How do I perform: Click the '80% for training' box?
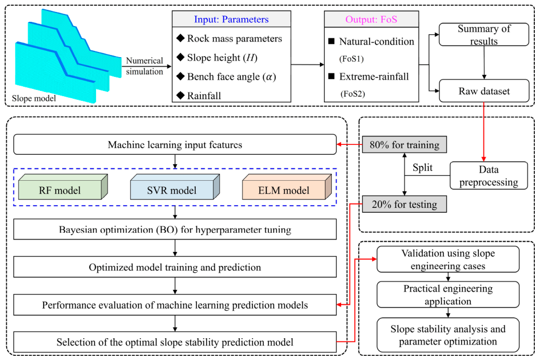click(405, 144)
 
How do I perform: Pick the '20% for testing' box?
click(405, 204)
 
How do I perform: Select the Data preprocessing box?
click(489, 176)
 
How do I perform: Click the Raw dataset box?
click(484, 91)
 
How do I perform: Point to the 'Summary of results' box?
click(484, 34)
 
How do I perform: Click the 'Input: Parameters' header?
click(232, 19)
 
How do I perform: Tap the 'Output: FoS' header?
click(372, 19)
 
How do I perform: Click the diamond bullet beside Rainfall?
click(181, 95)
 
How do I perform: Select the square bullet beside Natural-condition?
click(331, 41)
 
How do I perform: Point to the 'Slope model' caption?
click(34, 98)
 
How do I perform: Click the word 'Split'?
click(423, 167)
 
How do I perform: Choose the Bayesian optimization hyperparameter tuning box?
click(175, 229)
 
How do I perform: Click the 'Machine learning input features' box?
click(175, 144)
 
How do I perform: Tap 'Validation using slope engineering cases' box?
click(448, 259)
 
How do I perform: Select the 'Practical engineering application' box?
click(448, 295)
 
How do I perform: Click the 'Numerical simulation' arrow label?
click(144, 66)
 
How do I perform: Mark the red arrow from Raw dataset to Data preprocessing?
click(483, 132)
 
